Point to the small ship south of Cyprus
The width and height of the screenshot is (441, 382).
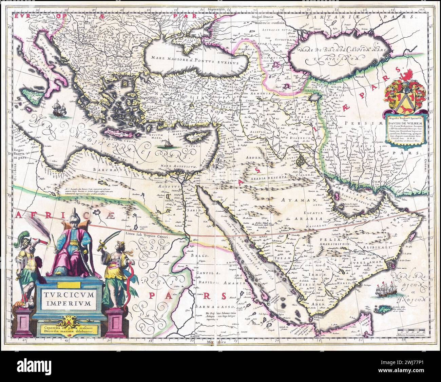click(x=167, y=144)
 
